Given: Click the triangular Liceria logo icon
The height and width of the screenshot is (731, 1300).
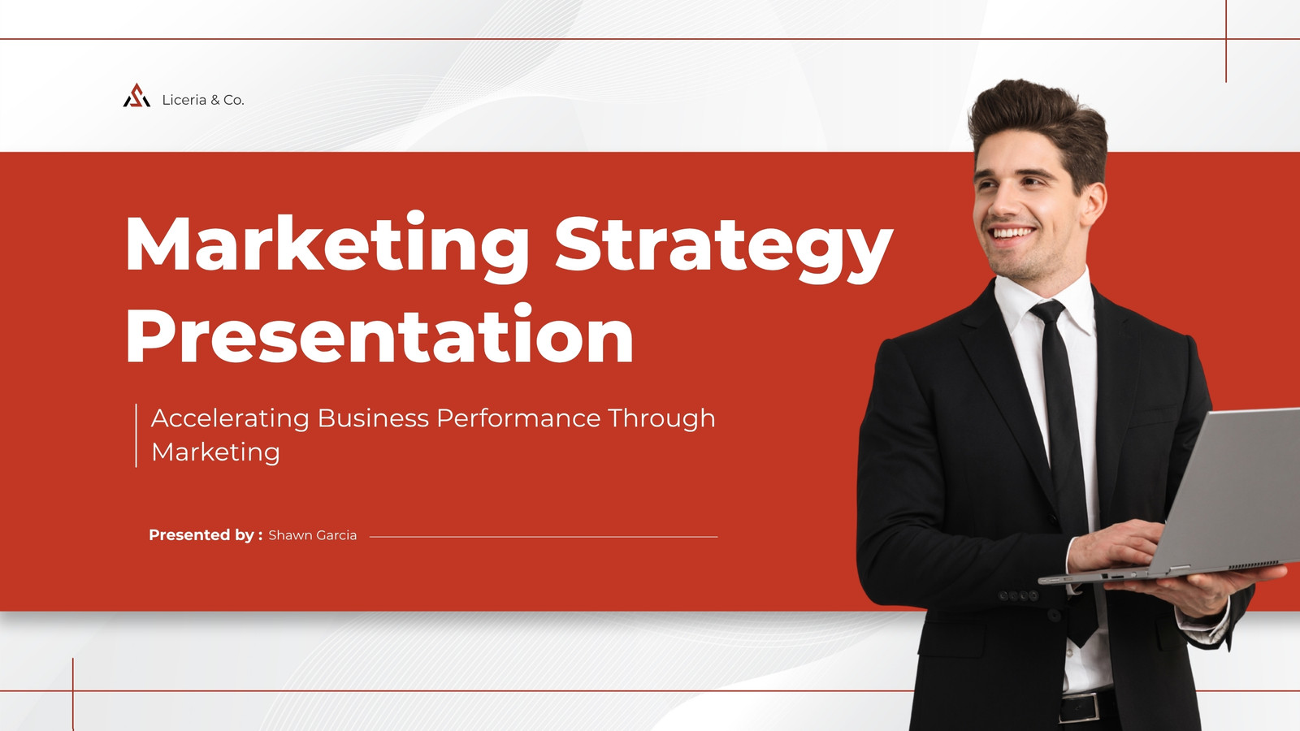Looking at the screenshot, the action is point(136,96).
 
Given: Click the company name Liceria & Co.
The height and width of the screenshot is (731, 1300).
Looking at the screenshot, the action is point(203,100).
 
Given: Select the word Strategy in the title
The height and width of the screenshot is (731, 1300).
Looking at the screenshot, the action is point(724,246).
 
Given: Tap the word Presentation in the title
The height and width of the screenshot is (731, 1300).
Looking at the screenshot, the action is point(379,335).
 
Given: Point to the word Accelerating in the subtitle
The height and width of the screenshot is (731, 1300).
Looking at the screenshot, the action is point(230,418).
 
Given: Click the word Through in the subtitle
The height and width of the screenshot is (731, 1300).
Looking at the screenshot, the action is point(661,418).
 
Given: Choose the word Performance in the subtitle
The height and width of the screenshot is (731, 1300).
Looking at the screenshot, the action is point(518,417).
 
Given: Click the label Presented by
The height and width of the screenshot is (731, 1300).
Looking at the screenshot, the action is point(206,535).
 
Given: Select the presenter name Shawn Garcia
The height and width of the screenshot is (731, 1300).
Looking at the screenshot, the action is point(312,535).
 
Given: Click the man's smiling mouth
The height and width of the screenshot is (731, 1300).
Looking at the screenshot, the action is point(1012,234).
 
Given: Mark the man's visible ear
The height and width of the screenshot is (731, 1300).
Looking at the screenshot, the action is point(1094,203).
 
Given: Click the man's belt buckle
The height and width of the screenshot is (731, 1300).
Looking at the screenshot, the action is point(1081,707).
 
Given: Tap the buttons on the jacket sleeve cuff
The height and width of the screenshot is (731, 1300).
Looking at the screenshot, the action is point(1018,596).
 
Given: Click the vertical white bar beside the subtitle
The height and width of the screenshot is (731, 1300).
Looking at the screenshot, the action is point(136,435).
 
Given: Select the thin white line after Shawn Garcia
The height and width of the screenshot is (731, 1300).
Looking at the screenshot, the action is point(544,537).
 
